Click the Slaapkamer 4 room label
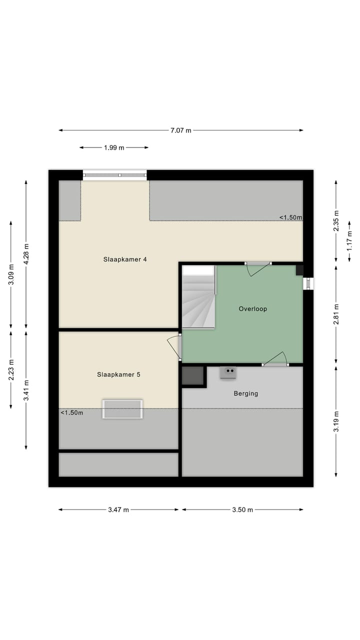coord(125,259)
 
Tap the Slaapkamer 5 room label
coord(118,374)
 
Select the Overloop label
coord(252,309)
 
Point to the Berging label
coord(246,393)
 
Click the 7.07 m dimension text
coord(180,130)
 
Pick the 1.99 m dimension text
coord(114,147)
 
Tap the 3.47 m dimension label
coord(118,510)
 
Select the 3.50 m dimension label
coord(242,510)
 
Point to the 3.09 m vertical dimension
coord(11,274)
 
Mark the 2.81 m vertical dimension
coord(336,313)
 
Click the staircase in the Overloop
coord(198,298)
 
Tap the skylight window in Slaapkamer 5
coord(122,408)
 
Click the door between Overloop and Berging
coord(275,359)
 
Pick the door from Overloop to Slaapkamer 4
coord(258,268)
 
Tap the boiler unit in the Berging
coord(228,372)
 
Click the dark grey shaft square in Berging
coord(192,375)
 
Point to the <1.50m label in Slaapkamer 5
coord(72,412)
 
